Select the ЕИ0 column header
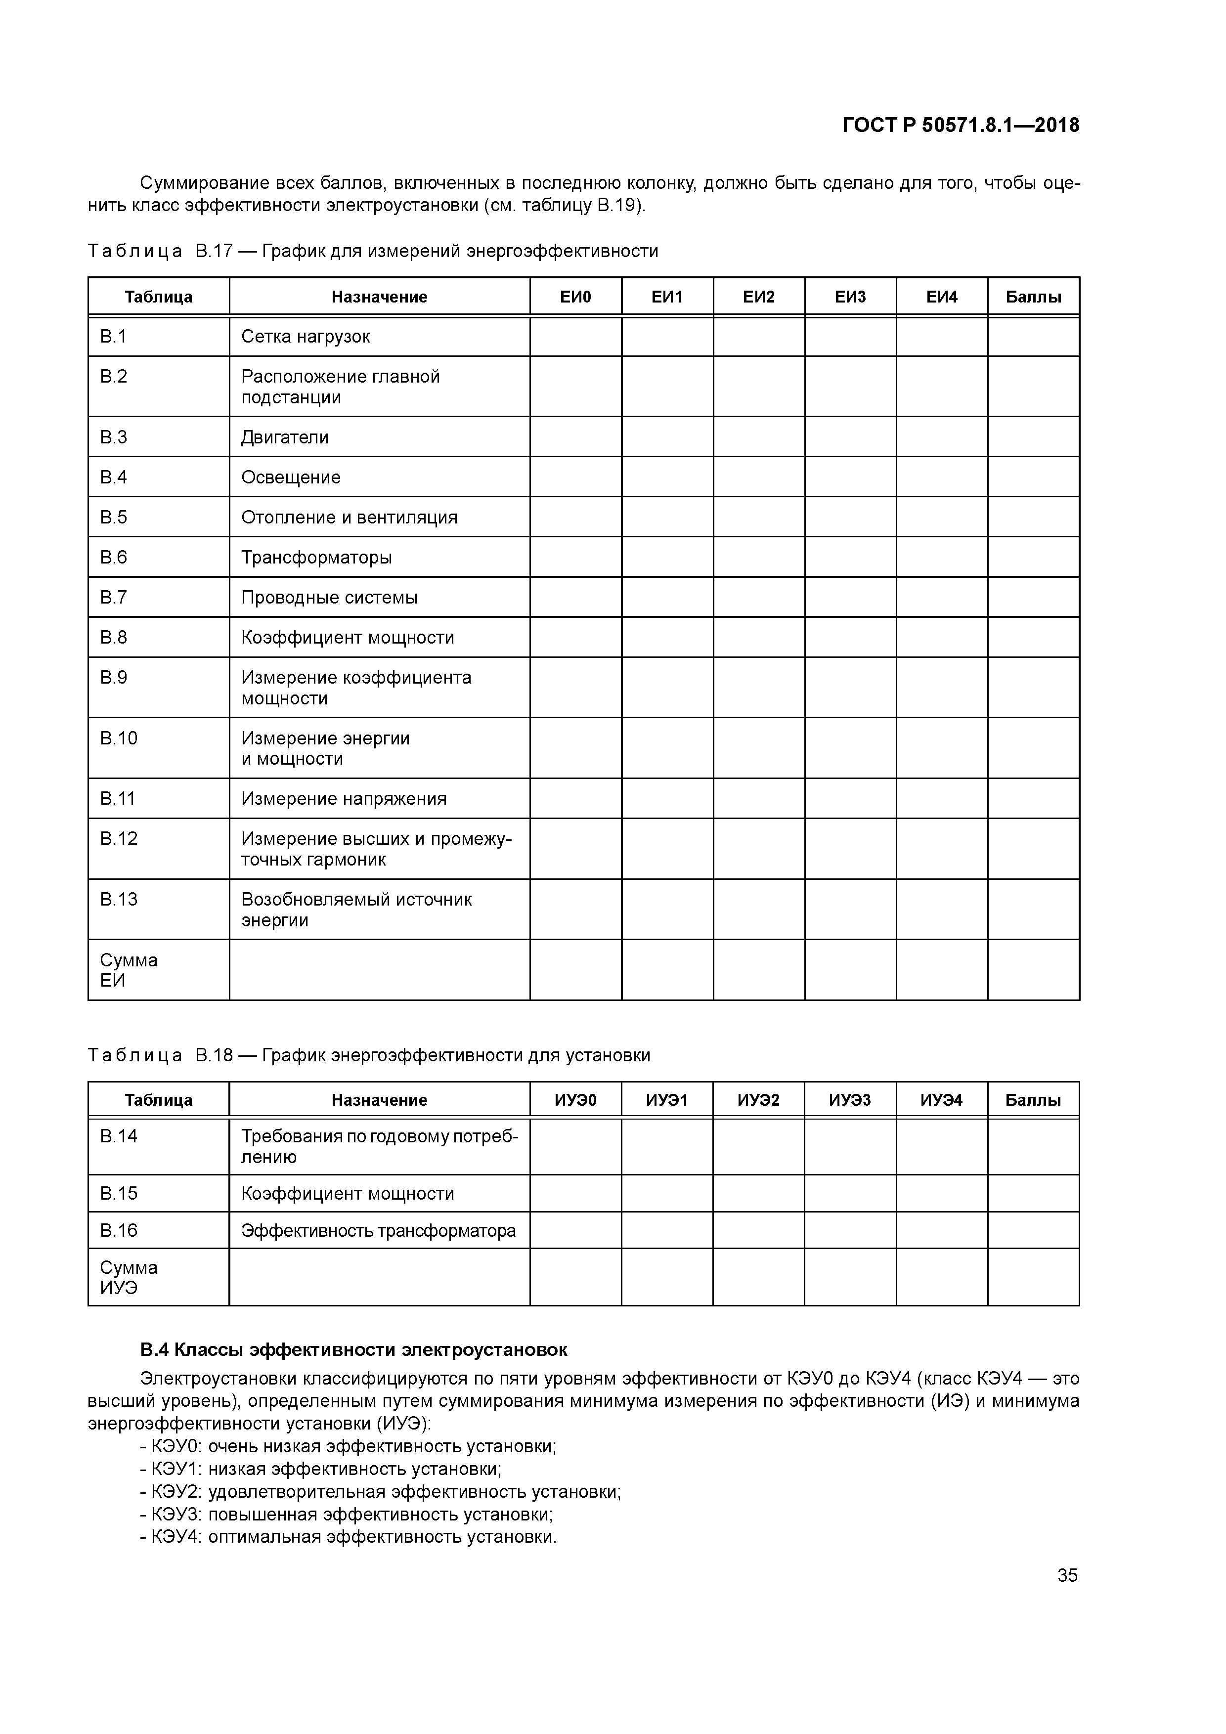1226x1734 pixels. (x=575, y=297)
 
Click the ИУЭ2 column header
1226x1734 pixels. (x=758, y=1100)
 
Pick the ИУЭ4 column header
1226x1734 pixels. (x=941, y=1100)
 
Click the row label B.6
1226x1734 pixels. (x=114, y=558)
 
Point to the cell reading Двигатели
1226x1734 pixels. (x=285, y=437)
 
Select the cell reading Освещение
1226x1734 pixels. (x=291, y=477)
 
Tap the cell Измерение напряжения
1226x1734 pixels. (x=344, y=798)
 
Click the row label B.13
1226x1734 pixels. (x=119, y=899)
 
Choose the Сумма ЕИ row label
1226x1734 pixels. (x=129, y=970)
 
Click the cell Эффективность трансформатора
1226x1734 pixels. (x=379, y=1230)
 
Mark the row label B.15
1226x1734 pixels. (x=119, y=1193)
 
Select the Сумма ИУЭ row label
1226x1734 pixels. (x=129, y=1277)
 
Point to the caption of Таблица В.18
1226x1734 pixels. (x=369, y=1055)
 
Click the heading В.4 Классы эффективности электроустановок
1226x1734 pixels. (x=353, y=1349)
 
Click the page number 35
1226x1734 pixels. (x=1067, y=1575)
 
